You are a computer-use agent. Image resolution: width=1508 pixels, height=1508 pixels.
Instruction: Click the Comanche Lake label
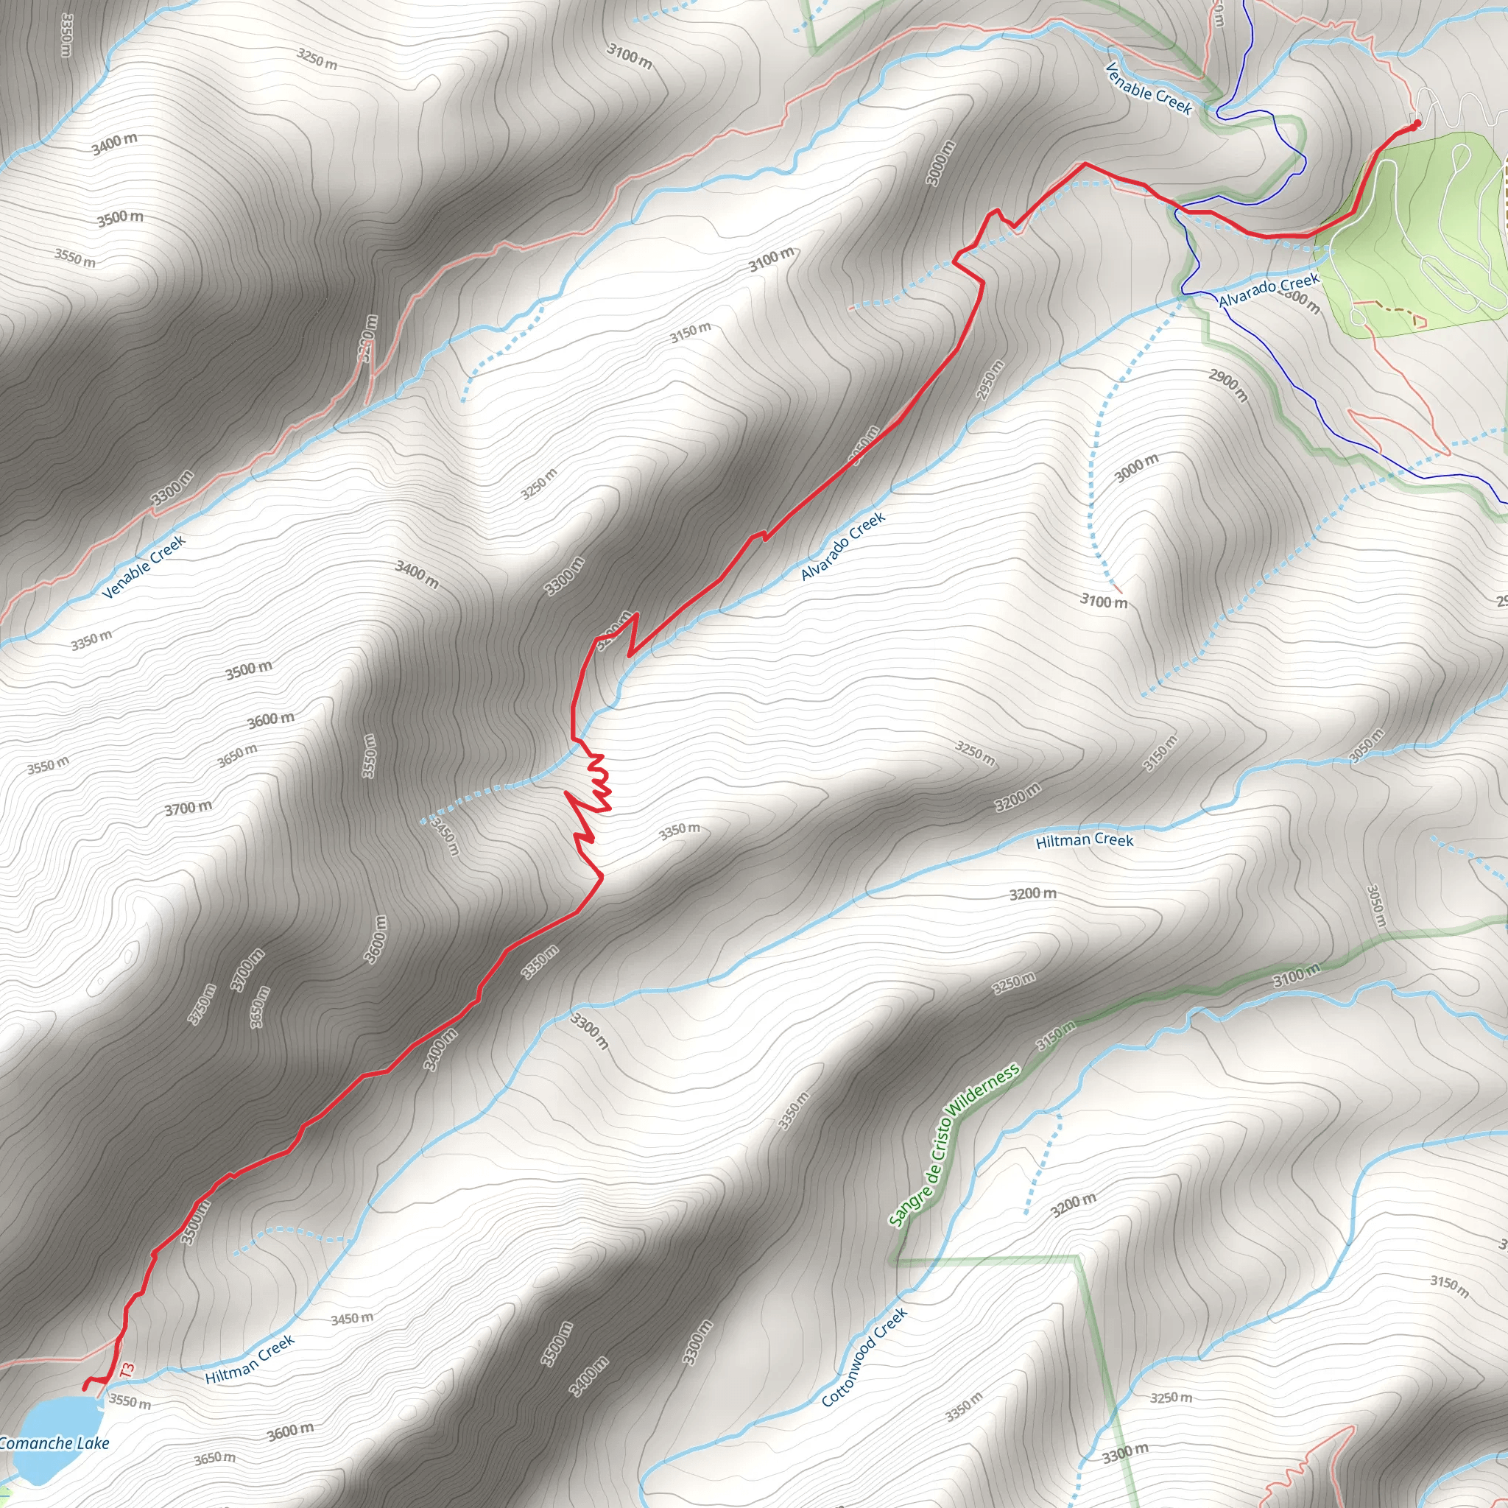pyautogui.click(x=54, y=1443)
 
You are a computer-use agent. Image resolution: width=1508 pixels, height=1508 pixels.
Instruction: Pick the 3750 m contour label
pyautogui.click(x=202, y=1004)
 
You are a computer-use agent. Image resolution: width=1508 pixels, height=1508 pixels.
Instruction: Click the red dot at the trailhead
pyautogui.click(x=1417, y=122)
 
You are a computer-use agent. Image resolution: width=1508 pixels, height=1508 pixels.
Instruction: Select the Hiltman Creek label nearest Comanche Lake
pyautogui.click(x=250, y=1359)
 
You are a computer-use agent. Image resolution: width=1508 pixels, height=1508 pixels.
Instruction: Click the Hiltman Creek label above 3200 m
pyautogui.click(x=1084, y=841)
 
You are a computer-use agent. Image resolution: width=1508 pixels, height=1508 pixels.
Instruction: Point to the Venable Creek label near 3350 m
pyautogui.click(x=144, y=567)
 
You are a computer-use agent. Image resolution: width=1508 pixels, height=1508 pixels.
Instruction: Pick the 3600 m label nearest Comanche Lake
pyautogui.click(x=290, y=1431)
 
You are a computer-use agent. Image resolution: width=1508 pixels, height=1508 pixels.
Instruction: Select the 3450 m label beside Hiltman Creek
pyautogui.click(x=352, y=1318)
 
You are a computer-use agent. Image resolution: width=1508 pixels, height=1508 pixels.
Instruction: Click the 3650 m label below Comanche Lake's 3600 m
pyautogui.click(x=215, y=1457)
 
